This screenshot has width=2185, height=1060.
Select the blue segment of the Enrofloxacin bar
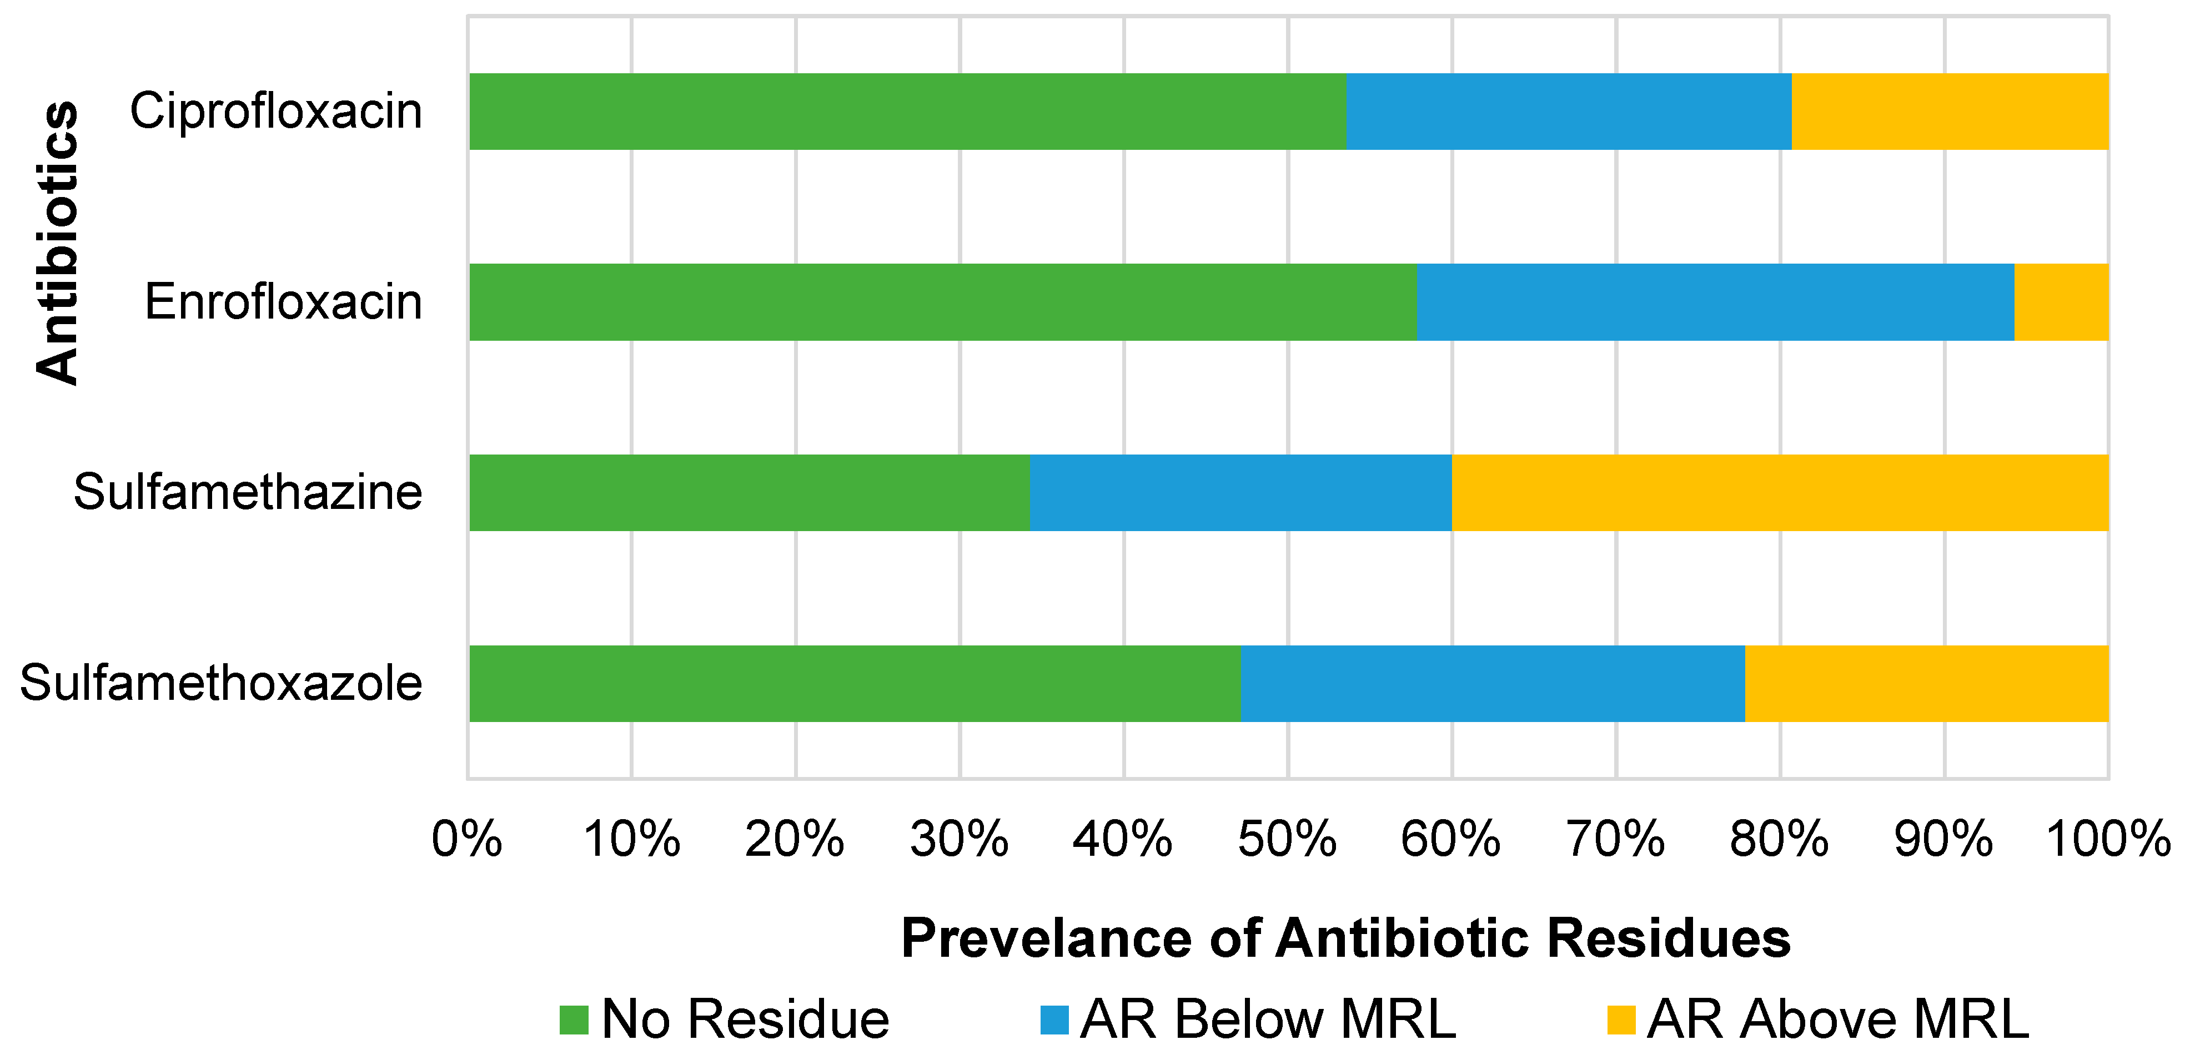1715,302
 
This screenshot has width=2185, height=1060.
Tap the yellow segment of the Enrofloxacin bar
2061,302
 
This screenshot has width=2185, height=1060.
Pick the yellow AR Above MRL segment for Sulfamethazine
1780,493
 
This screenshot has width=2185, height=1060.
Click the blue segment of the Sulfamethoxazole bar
1493,684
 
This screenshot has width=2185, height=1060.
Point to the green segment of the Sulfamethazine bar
749,493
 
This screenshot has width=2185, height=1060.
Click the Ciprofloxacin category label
275,111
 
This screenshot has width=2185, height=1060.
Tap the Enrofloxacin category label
283,302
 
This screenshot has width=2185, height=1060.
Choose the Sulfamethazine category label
248,493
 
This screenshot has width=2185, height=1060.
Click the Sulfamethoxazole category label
220,684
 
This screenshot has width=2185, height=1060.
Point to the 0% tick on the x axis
466,840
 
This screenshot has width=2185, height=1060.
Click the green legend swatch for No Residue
574,1019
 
